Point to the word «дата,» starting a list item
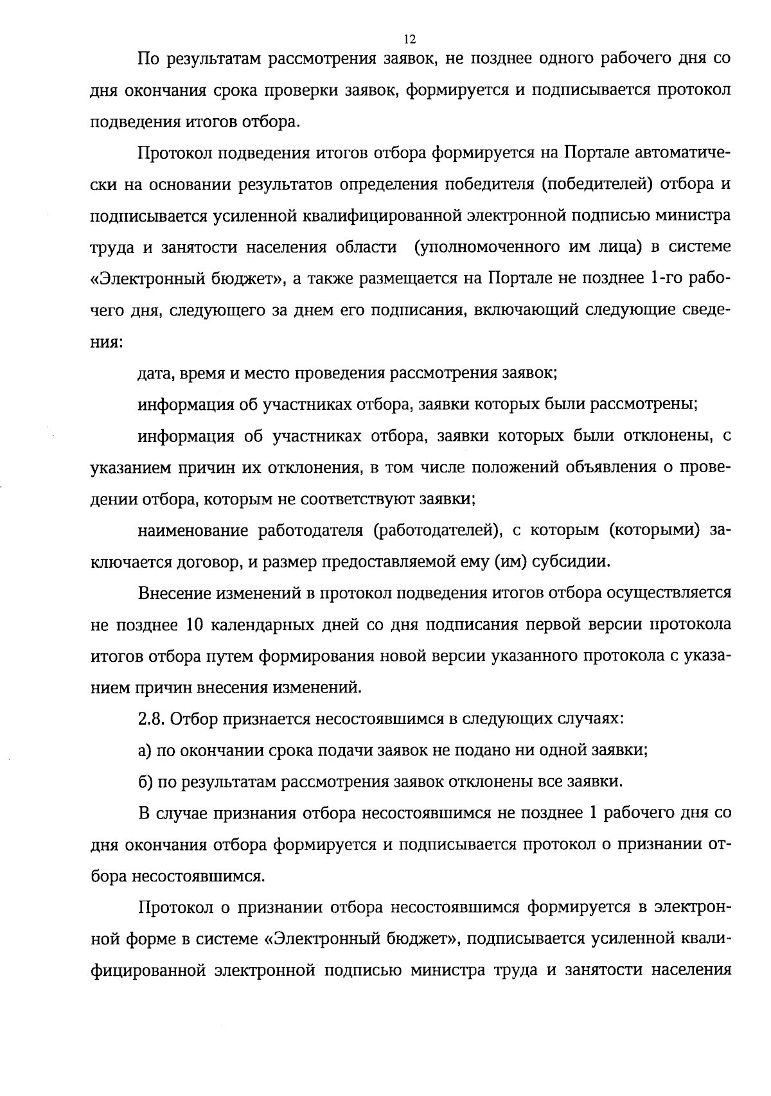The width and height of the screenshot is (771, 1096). pyautogui.click(x=157, y=373)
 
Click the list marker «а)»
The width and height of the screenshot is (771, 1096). pyautogui.click(x=145, y=750)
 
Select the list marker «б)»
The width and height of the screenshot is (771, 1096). pyautogui.click(x=145, y=782)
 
